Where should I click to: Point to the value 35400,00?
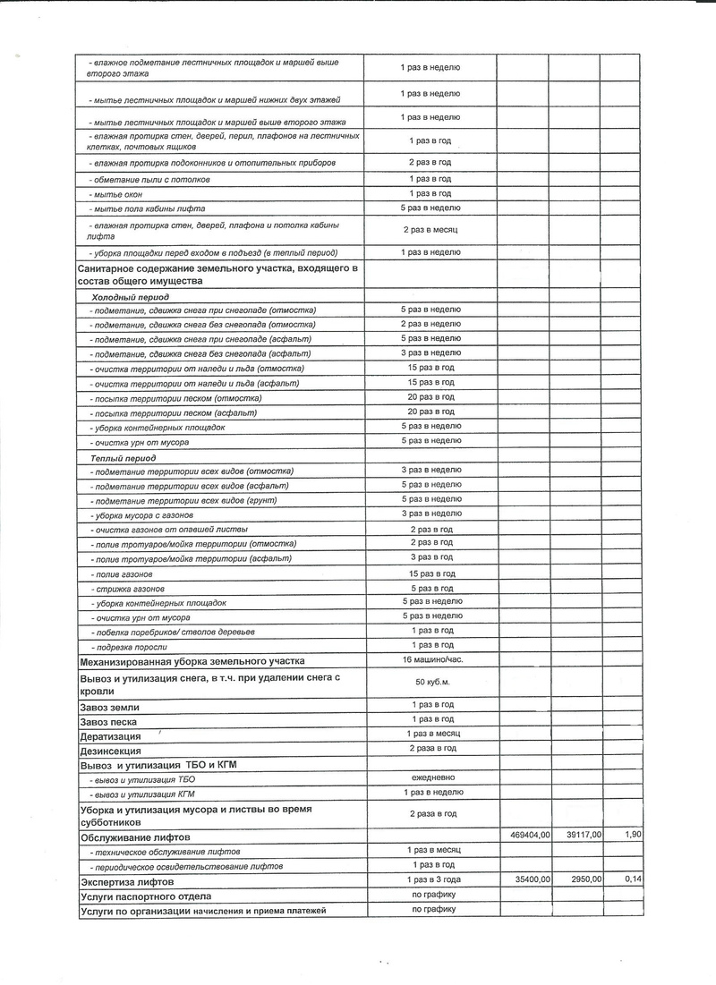tap(525, 880)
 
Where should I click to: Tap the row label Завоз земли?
tap(109, 707)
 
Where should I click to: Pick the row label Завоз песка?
tap(109, 721)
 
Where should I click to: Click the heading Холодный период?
tap(131, 296)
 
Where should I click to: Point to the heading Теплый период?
tap(124, 457)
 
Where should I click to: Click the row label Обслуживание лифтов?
tap(134, 836)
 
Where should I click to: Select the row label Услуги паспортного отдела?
tap(146, 896)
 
